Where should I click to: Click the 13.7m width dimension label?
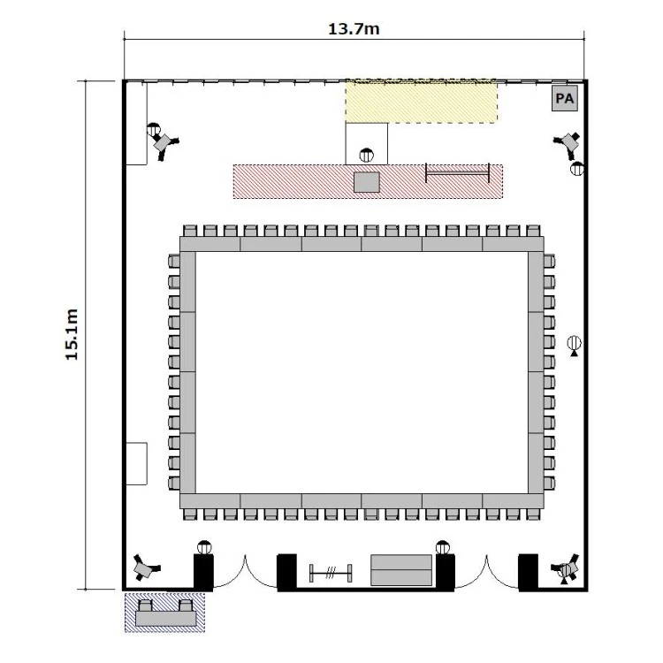tap(354, 29)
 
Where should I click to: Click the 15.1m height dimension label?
tap(72, 334)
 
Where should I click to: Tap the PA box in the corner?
tap(565, 98)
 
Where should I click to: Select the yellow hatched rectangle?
tap(421, 101)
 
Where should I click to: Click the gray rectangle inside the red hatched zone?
tap(366, 182)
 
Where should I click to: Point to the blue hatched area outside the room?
tap(165, 613)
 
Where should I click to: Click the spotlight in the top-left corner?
tap(164, 144)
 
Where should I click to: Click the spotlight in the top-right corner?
tap(568, 144)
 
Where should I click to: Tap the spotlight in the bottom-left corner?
tap(145, 567)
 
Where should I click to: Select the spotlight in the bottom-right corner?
tap(567, 567)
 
